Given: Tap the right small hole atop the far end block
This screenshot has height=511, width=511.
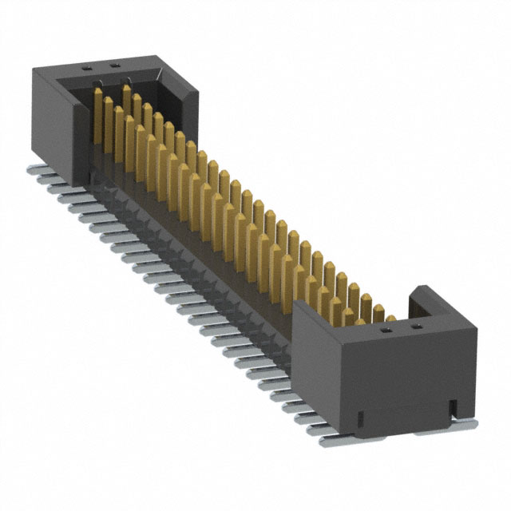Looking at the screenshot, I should click(x=114, y=64).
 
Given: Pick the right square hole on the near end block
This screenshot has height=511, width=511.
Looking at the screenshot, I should click(x=414, y=327).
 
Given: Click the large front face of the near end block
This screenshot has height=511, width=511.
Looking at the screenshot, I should click(x=407, y=375).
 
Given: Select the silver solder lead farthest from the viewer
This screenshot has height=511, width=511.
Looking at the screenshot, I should click(x=36, y=171).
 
